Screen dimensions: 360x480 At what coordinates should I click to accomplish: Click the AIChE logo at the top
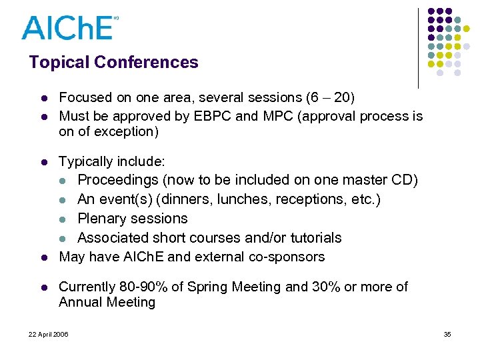68,27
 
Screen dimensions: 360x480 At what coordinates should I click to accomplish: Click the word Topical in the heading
59,63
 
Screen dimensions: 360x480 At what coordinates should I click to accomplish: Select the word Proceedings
118,180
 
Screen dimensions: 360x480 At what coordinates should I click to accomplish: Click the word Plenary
102,219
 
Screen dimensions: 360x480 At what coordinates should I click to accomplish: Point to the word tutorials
313,238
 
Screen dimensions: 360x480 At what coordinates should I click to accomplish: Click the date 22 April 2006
48,334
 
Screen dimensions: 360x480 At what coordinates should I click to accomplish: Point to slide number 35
447,334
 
